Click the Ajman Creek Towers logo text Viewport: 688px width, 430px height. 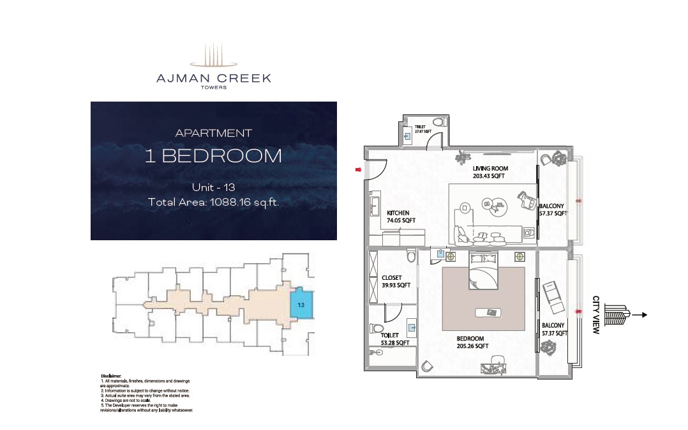[214, 79]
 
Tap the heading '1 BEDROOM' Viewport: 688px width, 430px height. [213, 157]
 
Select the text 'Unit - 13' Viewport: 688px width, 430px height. [213, 187]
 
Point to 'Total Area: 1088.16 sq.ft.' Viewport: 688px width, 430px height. [213, 203]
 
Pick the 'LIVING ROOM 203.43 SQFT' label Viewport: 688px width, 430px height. [490, 172]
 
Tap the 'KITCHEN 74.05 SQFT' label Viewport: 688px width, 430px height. [401, 217]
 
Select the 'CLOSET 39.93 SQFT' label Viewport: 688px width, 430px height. [396, 281]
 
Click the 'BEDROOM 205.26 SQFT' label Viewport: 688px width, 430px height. [472, 342]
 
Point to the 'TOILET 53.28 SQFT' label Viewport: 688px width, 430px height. [394, 339]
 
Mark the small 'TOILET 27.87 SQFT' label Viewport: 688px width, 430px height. [423, 129]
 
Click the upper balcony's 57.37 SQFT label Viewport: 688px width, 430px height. [552, 210]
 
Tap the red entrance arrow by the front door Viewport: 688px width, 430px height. [359, 169]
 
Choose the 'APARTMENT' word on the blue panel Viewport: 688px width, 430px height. [213, 133]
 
